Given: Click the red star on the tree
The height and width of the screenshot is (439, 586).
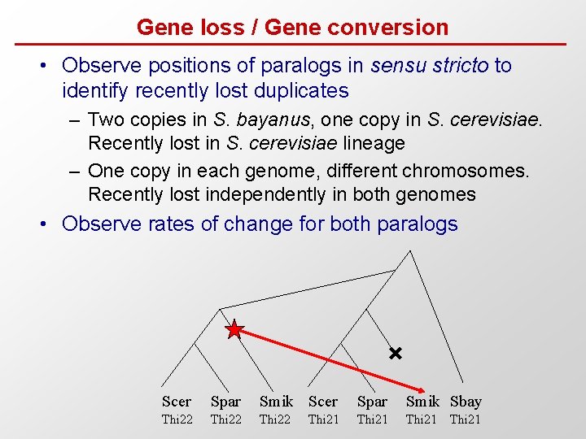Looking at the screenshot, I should [x=234, y=330].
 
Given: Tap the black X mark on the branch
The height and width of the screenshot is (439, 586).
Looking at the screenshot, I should [x=395, y=354].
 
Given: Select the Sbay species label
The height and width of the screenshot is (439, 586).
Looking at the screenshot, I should [x=466, y=402].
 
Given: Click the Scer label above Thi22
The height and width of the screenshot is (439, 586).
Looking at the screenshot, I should [x=177, y=402].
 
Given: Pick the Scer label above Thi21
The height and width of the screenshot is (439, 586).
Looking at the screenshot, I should [x=323, y=402].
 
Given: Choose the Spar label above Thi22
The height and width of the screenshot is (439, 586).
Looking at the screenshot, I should [x=225, y=402].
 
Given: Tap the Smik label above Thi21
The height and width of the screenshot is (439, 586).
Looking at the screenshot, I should [x=422, y=402].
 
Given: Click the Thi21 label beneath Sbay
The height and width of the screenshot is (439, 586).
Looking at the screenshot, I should [x=466, y=419].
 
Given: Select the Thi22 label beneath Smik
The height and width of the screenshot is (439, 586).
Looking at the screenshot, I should [x=274, y=419].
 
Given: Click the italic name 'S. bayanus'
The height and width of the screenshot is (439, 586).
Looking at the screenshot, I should [x=262, y=120].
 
